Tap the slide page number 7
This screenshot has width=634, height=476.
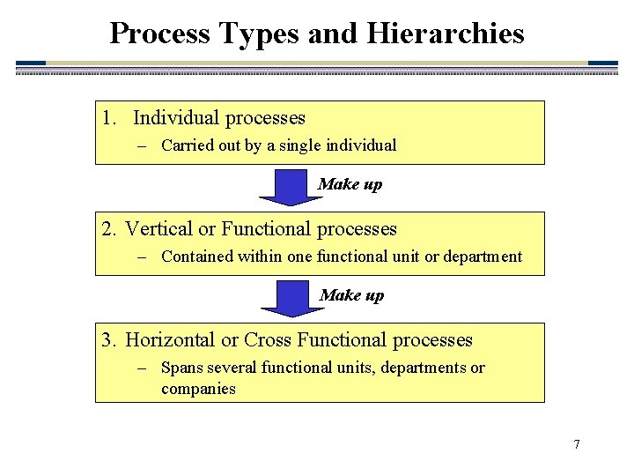coord(577,444)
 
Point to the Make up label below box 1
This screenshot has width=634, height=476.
coord(350,184)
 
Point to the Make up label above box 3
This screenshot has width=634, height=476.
coord(351,295)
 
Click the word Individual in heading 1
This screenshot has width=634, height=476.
coord(176,118)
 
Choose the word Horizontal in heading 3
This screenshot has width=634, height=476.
coord(170,340)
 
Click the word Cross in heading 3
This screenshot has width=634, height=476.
coord(268,340)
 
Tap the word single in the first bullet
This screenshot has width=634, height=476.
coord(301,145)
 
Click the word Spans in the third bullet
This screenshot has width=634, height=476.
coord(181,368)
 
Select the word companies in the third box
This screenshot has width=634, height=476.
coord(198,389)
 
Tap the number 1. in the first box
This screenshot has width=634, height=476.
coord(109,118)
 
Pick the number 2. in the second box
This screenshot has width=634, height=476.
coord(109,229)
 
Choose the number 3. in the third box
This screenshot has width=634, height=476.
coord(109,340)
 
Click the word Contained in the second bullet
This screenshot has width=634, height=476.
coord(195,257)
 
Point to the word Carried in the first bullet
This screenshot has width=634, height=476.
coord(185,145)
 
